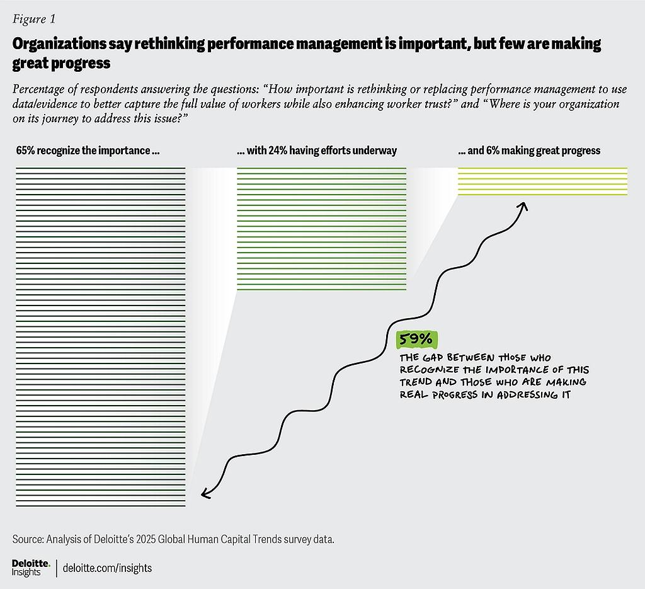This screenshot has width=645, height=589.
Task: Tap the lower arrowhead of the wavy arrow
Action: coord(205,494)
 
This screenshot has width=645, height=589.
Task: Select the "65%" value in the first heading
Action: coord(25,151)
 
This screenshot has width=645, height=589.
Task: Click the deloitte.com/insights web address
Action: coord(108,568)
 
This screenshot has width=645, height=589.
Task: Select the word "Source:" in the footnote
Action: coord(28,540)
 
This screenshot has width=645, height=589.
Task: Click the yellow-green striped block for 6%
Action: coord(542,181)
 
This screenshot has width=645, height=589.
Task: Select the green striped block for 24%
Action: coord(321,229)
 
